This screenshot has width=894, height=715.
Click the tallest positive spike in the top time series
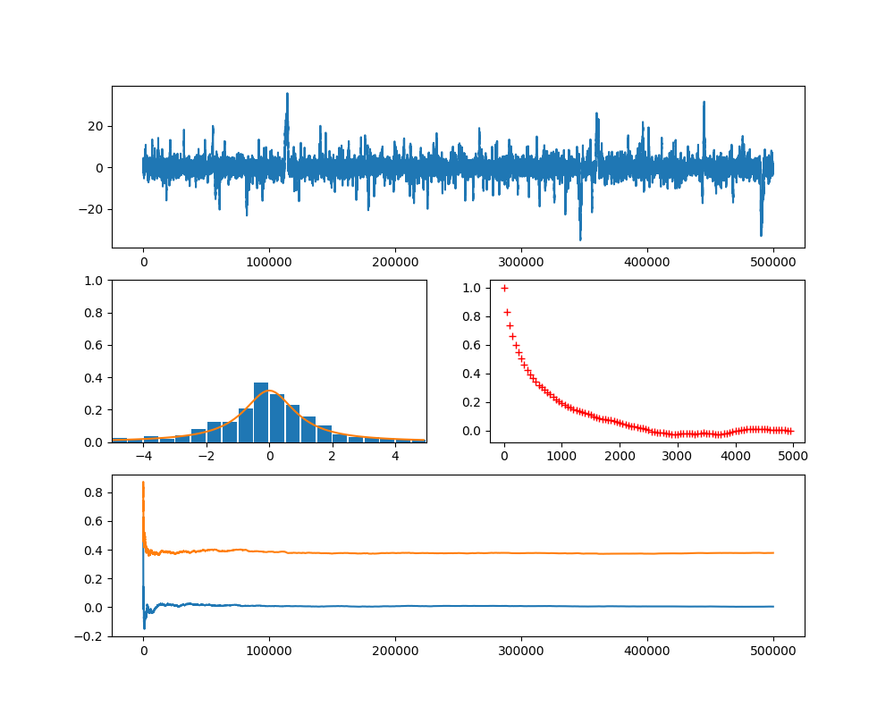[287, 94]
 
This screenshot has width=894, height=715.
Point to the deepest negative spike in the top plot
[580, 240]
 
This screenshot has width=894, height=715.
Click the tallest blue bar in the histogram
[261, 412]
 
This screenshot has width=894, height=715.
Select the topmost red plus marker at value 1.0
[504, 288]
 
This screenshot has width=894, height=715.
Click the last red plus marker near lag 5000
[790, 431]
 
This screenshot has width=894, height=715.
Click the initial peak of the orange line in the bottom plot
[143, 483]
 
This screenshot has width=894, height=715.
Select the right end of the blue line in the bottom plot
[773, 607]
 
